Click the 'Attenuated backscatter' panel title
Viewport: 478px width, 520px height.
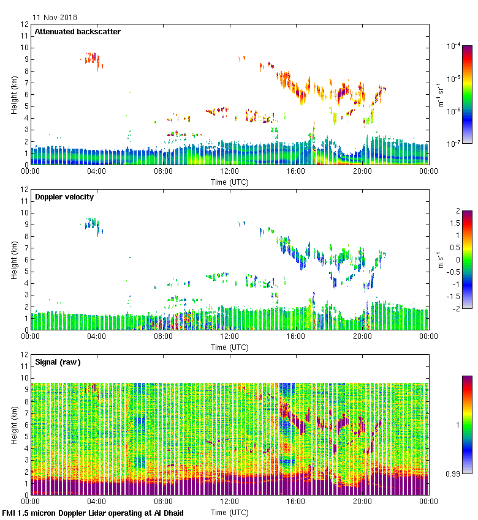pyautogui.click(x=77, y=32)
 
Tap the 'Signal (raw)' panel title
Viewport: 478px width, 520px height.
pyautogui.click(x=58, y=362)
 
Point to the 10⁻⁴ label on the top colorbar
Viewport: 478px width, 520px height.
pyautogui.click(x=454, y=46)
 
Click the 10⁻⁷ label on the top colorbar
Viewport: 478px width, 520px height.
pyautogui.click(x=454, y=144)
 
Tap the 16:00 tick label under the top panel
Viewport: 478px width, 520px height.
pyautogui.click(x=295, y=172)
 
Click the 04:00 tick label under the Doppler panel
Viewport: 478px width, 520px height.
pyautogui.click(x=97, y=336)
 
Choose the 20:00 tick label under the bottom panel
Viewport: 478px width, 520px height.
pyautogui.click(x=362, y=502)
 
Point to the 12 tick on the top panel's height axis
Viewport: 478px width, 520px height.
pyautogui.click(x=25, y=24)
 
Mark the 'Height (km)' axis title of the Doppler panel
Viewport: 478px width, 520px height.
pyautogui.click(x=14, y=259)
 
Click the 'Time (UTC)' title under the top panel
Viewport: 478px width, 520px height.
pyautogui.click(x=229, y=182)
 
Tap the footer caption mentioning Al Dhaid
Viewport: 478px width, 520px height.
pyautogui.click(x=93, y=513)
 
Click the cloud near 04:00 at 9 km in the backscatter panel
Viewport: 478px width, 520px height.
pyautogui.click(x=93, y=59)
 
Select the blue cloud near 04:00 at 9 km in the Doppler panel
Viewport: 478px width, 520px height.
pyautogui.click(x=93, y=224)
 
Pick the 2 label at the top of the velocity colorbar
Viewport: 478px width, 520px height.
pyautogui.click(x=458, y=211)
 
